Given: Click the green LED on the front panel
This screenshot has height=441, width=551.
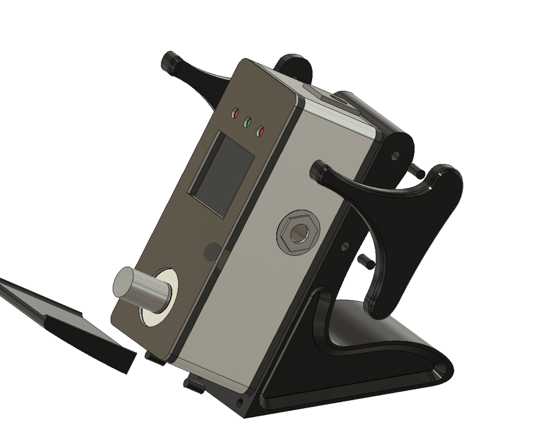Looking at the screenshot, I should [x=248, y=122].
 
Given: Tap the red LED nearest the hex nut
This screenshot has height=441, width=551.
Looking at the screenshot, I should [x=260, y=131].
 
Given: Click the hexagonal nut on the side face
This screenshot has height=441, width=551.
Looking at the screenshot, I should [x=298, y=234].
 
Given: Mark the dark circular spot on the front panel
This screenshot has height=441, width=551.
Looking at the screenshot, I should [x=213, y=251].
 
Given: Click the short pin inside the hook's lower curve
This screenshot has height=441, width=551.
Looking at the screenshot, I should [x=366, y=261].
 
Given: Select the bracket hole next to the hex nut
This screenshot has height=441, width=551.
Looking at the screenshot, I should [x=345, y=247].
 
